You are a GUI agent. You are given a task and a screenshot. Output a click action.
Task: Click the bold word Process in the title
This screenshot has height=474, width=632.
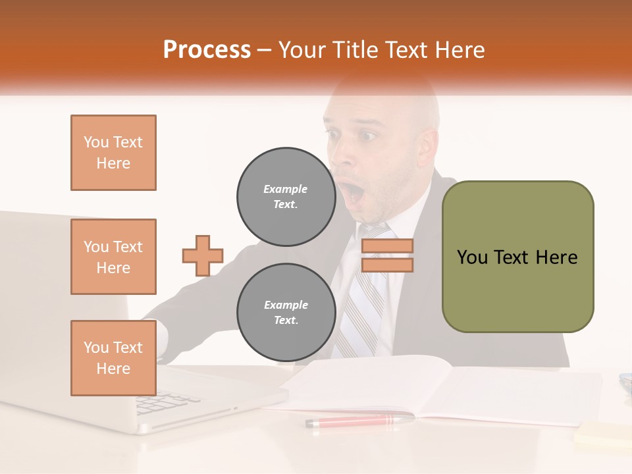point(207,49)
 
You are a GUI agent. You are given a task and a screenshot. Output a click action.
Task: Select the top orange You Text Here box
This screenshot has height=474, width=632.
point(113,153)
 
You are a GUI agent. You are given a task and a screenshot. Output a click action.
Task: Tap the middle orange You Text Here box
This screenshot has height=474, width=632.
point(113,257)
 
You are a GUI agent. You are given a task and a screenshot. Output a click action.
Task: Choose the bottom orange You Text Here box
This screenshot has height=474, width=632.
point(113,357)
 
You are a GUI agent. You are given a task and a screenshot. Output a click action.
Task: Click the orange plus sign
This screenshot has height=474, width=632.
point(203,255)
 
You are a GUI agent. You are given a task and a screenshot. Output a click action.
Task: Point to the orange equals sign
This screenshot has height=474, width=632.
point(387,255)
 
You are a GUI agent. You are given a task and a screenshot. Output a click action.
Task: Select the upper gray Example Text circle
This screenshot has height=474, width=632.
point(286,196)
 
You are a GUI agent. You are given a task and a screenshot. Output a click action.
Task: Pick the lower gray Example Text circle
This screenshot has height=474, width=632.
point(286,312)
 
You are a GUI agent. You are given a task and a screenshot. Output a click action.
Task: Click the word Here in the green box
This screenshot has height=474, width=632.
point(556,257)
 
